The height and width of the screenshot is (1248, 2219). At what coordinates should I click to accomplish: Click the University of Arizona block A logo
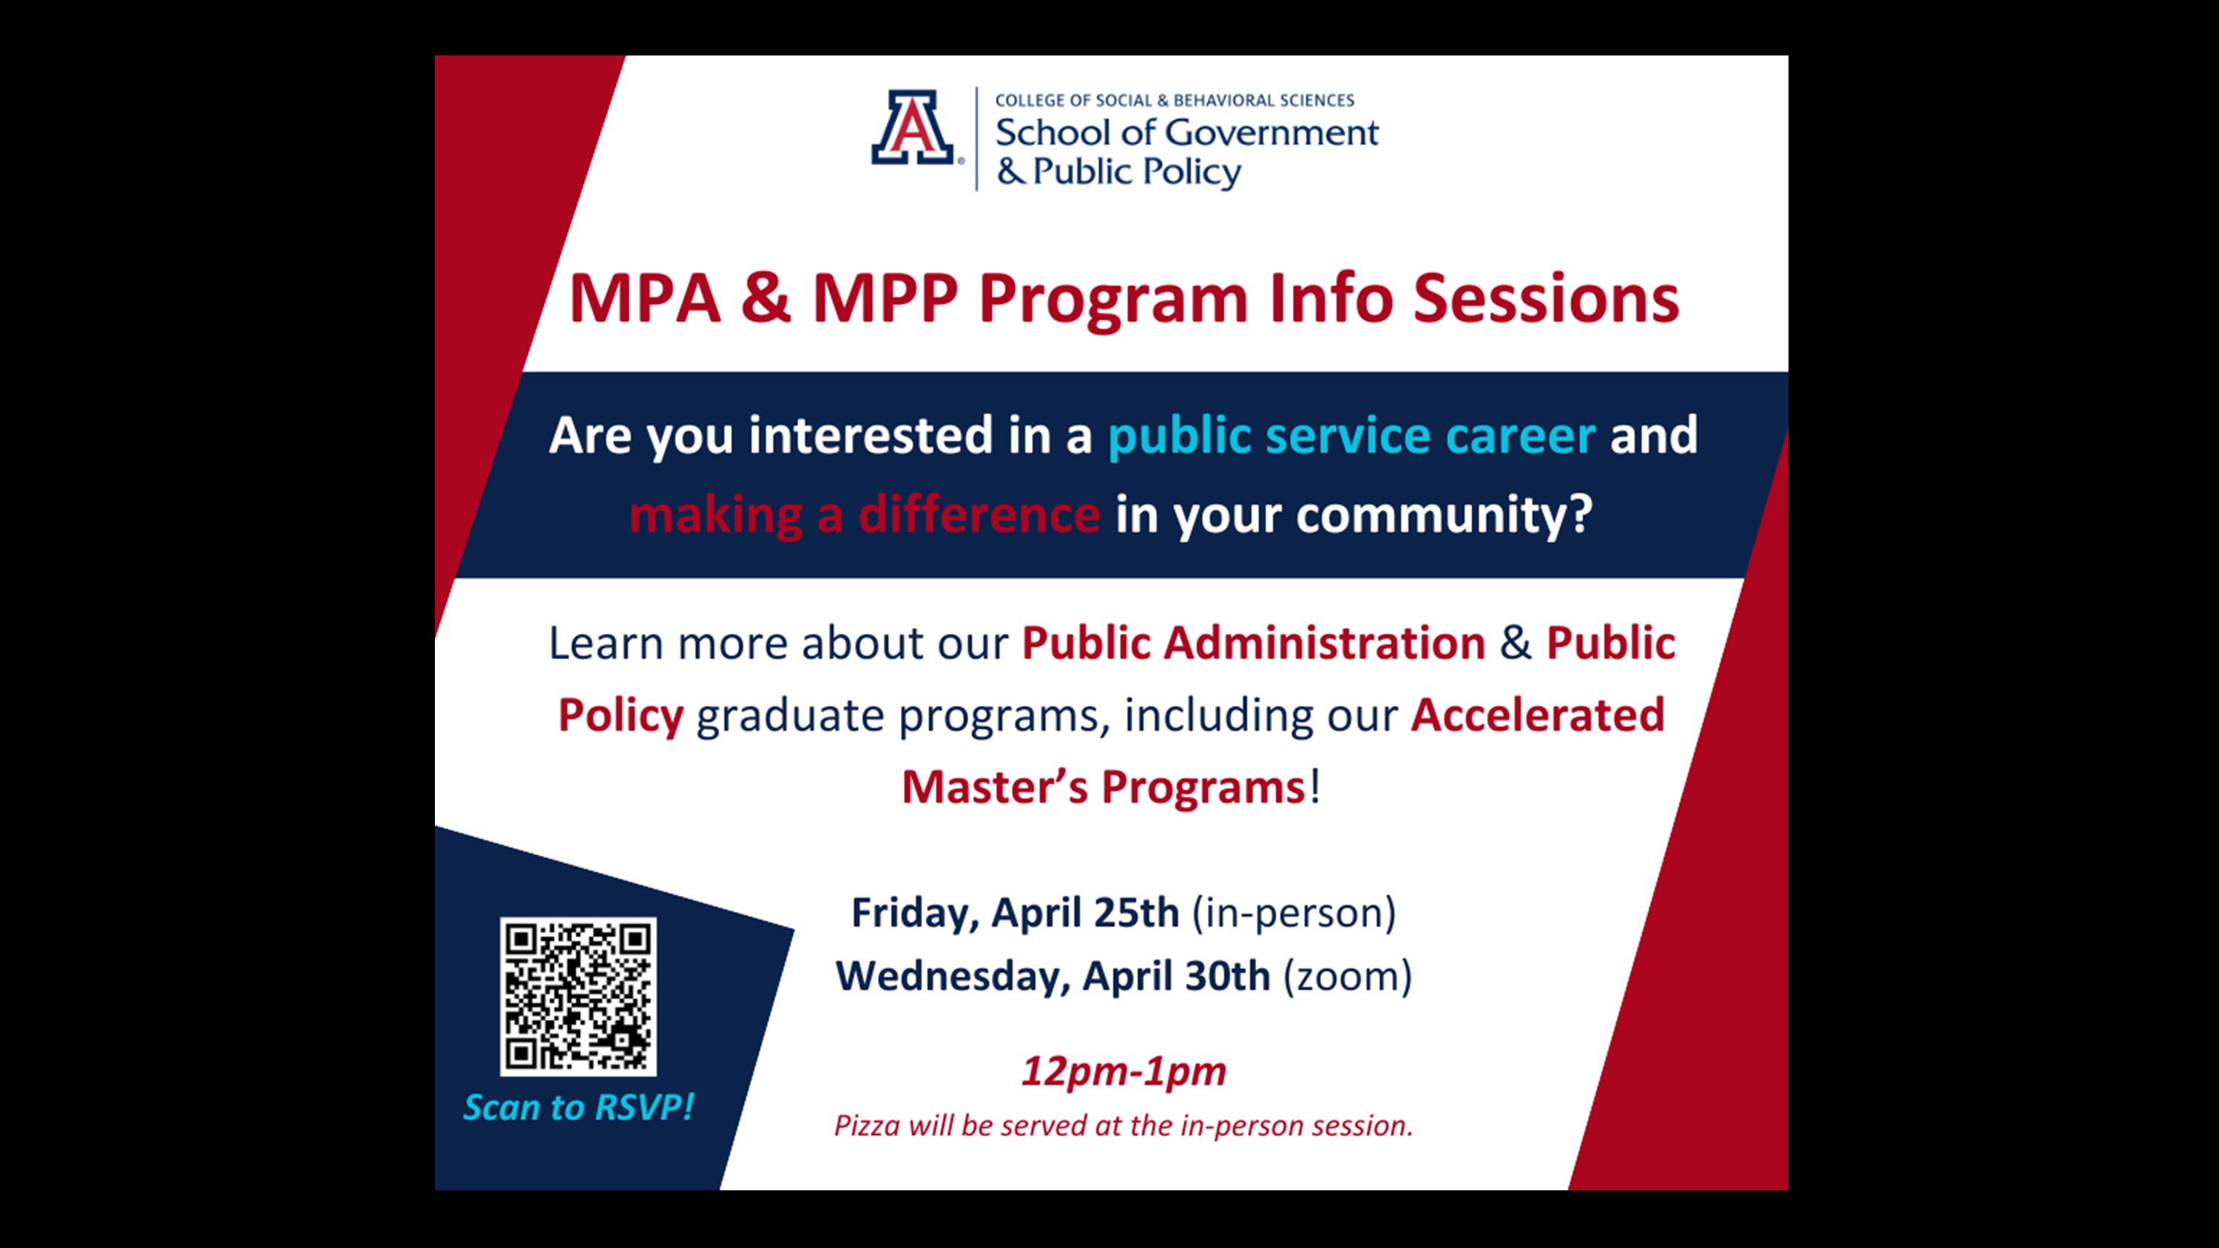coord(913,127)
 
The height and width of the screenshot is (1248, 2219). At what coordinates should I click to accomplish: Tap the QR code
coord(578,996)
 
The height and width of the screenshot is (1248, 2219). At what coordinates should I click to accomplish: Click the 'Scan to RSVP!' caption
coord(578,1107)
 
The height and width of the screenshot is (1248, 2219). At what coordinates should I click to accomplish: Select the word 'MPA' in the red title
coord(644,299)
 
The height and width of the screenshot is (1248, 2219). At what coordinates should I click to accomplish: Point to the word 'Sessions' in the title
coord(1546,299)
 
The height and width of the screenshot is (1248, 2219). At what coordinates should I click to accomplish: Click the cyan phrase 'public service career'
coord(1351,436)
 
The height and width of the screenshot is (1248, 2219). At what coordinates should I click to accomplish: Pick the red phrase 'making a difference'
coord(864,515)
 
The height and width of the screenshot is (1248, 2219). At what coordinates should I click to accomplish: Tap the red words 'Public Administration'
coord(1253,644)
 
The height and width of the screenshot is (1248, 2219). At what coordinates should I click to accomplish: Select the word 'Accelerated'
coord(1538,715)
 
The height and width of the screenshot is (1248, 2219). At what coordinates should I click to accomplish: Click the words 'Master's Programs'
coord(1104,787)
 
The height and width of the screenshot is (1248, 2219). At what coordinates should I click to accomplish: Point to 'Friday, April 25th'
coord(1015,913)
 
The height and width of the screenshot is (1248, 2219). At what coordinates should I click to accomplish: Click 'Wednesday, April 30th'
coord(1053,977)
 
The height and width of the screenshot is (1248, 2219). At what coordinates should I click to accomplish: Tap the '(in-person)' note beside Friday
coord(1294,914)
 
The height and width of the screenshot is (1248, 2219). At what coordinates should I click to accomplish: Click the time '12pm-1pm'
coord(1124,1072)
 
